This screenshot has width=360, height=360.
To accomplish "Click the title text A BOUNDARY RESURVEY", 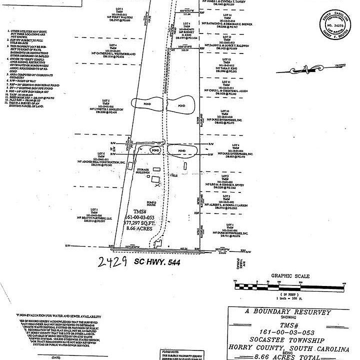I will [288, 312].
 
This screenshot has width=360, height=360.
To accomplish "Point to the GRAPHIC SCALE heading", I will [290, 276].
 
